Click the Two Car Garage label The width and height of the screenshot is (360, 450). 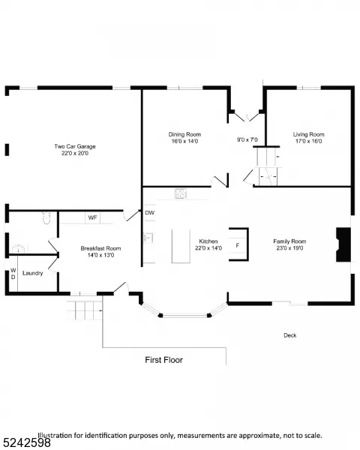[75, 150]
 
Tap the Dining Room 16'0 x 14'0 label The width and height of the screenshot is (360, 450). [184, 138]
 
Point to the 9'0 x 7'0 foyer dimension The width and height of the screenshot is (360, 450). [247, 139]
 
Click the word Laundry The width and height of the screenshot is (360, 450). [33, 273]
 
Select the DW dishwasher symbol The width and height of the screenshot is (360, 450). [150, 213]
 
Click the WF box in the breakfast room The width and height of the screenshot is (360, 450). [92, 217]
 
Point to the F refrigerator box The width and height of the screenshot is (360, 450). [238, 245]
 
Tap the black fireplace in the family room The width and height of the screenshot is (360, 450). [343, 244]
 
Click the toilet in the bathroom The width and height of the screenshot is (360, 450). [46, 217]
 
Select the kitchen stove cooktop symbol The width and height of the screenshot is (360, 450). [181, 193]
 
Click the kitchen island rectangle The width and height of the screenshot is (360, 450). [181, 246]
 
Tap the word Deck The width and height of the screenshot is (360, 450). [290, 335]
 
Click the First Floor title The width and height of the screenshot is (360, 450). [164, 360]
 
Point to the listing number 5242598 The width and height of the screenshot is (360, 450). [25, 442]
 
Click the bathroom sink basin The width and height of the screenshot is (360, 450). [19, 248]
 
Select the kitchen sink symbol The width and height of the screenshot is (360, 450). [148, 238]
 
